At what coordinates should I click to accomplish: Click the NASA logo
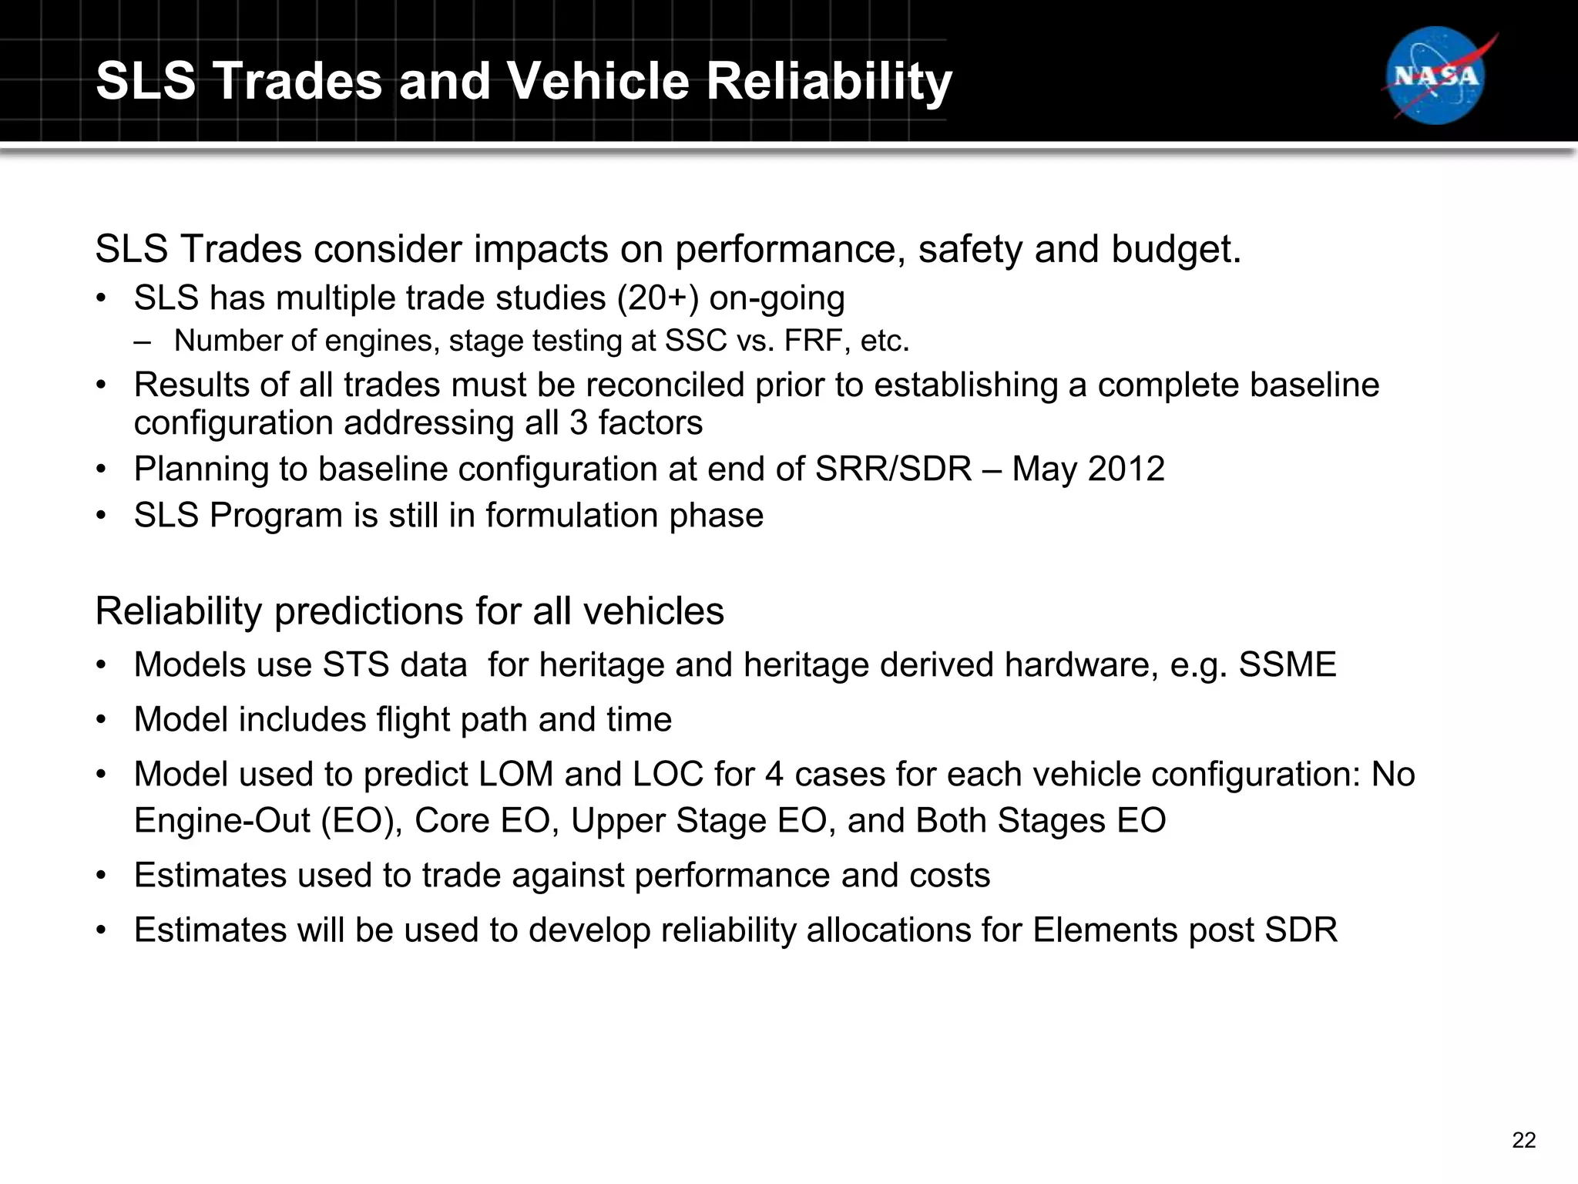1436,76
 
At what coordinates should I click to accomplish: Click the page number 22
1523,1140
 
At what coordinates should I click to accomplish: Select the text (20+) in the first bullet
657,298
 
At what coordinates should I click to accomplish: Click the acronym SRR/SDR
893,469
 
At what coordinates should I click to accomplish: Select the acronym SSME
1287,664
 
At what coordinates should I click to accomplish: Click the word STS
355,664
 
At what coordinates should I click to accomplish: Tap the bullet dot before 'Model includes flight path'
101,720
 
